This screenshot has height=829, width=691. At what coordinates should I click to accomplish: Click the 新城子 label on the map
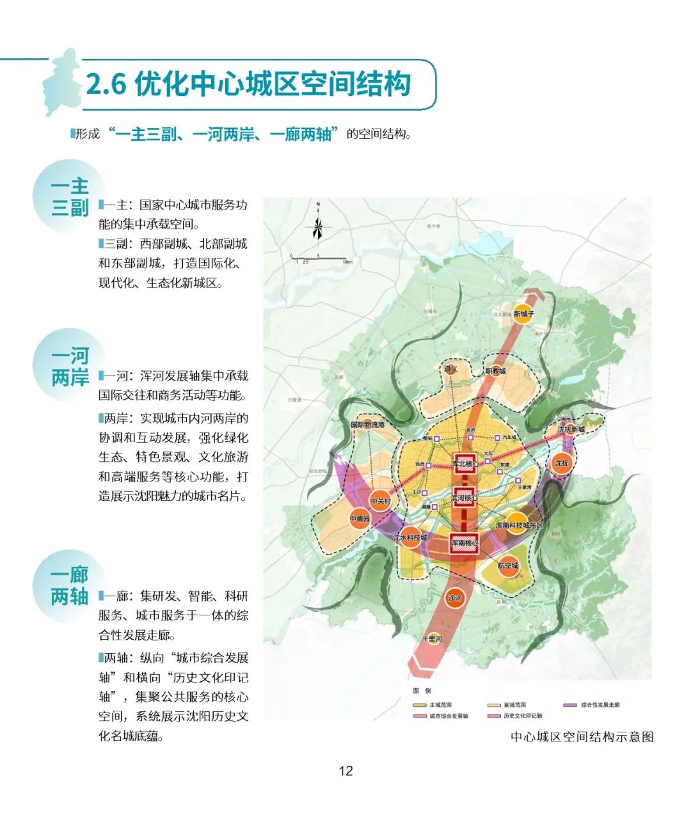coord(523,314)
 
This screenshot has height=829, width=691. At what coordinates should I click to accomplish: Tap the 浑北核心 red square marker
coord(465,464)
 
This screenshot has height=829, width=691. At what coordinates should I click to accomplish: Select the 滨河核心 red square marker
coord(464,498)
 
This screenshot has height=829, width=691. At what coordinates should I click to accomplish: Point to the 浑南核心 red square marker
coord(465,543)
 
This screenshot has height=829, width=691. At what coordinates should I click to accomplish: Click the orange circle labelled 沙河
coord(454,598)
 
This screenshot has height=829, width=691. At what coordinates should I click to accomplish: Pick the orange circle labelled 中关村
coord(380,501)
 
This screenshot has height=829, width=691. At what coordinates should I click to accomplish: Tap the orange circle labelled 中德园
coord(360,519)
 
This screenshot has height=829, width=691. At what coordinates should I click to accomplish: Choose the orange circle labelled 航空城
coord(508,565)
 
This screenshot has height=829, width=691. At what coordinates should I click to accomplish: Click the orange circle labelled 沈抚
coord(562,463)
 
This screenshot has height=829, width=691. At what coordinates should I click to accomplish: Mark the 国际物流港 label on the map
coord(367,425)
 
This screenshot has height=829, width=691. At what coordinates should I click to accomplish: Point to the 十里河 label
coord(432,638)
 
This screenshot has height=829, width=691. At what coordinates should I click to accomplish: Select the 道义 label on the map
coord(450,369)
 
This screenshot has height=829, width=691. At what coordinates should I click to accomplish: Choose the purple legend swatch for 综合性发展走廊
coord(569,705)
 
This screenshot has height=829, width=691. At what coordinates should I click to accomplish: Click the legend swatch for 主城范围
coord(419,705)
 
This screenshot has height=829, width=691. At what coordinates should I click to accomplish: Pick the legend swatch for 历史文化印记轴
coord(493,716)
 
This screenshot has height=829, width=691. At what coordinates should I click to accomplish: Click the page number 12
coord(345,771)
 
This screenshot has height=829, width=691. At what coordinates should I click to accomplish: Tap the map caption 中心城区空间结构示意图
coord(582,737)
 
